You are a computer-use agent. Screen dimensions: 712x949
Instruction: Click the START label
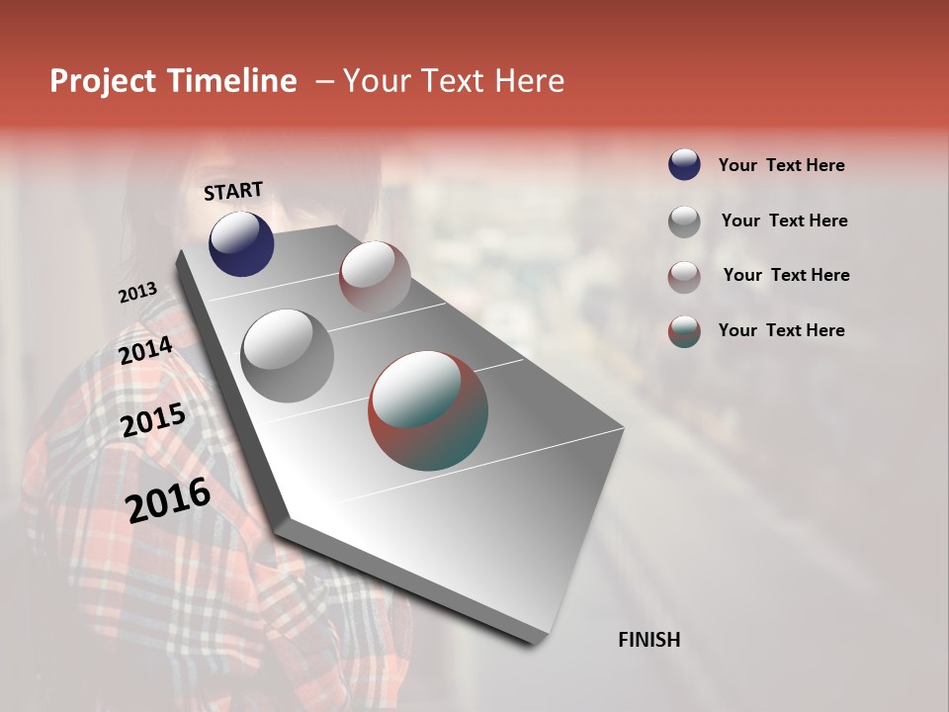coord(233,191)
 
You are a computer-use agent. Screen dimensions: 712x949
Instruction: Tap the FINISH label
coord(648,640)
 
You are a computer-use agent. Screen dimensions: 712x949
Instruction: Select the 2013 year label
coord(137,293)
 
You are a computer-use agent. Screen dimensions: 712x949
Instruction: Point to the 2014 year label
coord(145,351)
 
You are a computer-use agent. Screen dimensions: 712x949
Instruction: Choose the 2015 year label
coord(153,421)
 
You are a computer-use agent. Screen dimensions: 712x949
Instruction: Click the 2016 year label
coord(168,500)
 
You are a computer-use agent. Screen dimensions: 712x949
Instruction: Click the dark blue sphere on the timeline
coord(241,244)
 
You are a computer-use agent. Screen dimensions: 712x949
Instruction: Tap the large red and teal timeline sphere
coord(428,410)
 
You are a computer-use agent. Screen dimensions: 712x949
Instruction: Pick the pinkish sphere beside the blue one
coord(375,277)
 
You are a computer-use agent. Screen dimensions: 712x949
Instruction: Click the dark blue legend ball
coord(684,165)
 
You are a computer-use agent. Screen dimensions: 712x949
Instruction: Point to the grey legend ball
coord(684,222)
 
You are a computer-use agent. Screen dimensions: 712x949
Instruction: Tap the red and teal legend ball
coord(684,331)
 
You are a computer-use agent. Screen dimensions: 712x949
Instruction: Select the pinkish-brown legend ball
coord(684,276)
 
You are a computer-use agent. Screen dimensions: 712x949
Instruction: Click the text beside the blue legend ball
coord(781,165)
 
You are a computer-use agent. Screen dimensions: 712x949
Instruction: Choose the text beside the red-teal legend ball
coord(781,330)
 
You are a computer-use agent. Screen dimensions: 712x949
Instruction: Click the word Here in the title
coord(529,81)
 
